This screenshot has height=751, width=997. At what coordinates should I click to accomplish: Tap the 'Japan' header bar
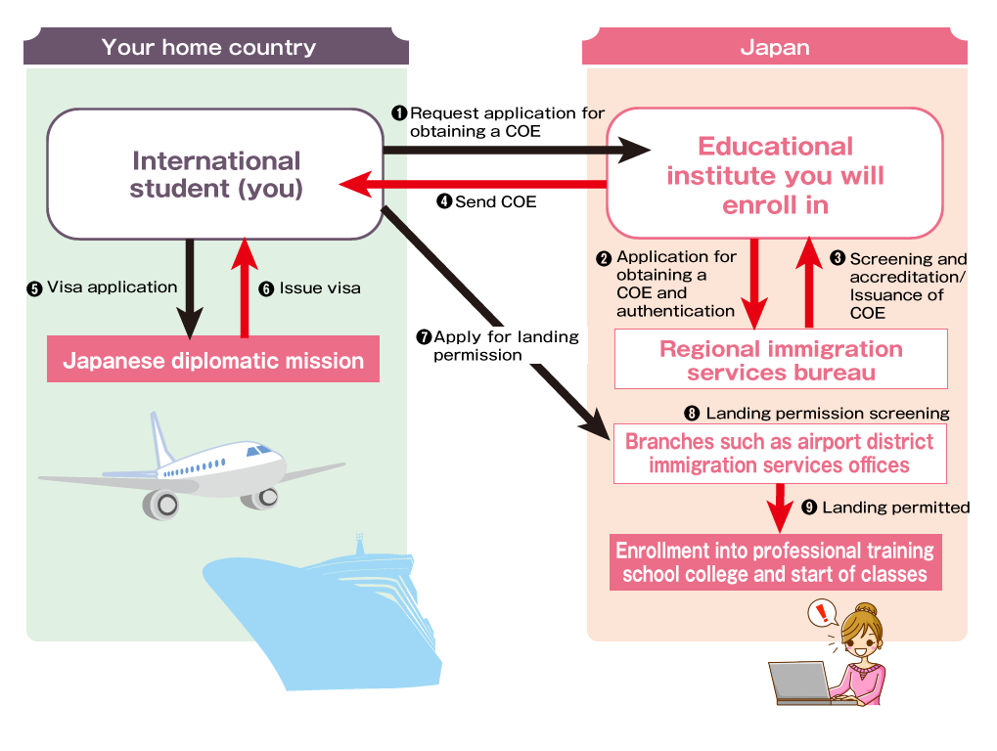click(x=774, y=47)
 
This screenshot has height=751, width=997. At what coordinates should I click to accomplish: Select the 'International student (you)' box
click(x=215, y=174)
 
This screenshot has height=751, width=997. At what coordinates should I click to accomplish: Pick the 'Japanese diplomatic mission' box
click(x=213, y=361)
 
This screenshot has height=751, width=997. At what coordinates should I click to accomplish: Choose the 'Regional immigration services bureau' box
click(x=781, y=360)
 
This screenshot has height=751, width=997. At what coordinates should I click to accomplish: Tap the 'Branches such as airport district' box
click(x=780, y=453)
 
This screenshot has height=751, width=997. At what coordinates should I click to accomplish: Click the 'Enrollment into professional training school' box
click(x=775, y=562)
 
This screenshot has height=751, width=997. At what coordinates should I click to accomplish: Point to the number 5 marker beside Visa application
click(x=34, y=288)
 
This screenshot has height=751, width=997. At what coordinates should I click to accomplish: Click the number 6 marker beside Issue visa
click(x=266, y=288)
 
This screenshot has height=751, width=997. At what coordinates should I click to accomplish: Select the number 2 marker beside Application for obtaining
click(x=604, y=258)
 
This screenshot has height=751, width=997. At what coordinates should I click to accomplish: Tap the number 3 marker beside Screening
click(x=838, y=259)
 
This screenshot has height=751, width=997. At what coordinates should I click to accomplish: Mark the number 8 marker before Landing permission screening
click(x=693, y=414)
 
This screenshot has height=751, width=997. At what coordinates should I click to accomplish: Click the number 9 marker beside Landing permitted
click(x=809, y=508)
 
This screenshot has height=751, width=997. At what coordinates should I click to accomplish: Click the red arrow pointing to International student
click(x=470, y=184)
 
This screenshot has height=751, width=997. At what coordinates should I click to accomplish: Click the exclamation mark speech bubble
click(x=822, y=614)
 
